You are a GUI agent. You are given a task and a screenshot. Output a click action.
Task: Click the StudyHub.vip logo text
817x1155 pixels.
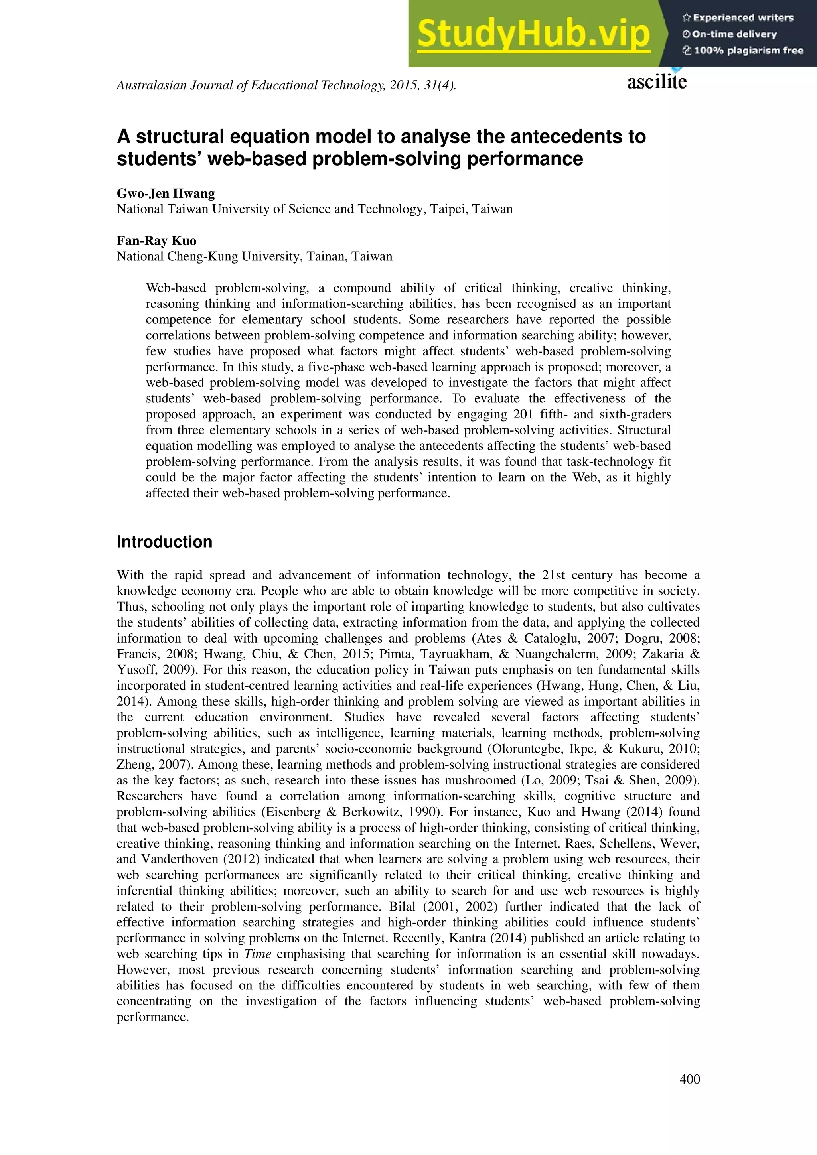(x=533, y=34)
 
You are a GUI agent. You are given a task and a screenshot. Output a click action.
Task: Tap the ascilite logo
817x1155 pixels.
(x=657, y=81)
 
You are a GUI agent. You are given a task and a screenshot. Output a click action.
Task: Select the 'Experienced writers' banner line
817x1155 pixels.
(x=738, y=18)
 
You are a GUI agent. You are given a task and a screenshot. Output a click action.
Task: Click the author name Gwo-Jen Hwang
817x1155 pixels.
(x=166, y=194)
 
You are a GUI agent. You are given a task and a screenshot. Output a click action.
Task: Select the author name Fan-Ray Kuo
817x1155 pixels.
(x=156, y=241)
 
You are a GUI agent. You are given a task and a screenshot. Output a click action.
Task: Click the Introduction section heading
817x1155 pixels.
(x=164, y=542)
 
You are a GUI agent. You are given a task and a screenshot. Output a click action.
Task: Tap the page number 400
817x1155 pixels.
(x=689, y=1079)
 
